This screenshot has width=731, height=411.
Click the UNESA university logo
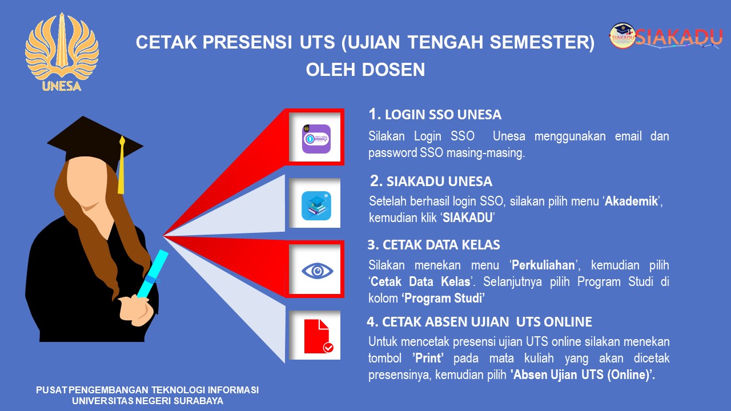pos(62,52)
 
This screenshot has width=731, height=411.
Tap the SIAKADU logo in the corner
pos(666,37)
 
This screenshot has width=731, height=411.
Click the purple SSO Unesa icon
pos(316,139)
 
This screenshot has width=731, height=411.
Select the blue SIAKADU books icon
pos(316,205)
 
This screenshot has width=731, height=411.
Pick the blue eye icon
pos(317,271)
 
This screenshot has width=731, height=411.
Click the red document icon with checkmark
pos(319,336)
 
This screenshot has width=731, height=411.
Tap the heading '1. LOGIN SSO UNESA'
pos(435,115)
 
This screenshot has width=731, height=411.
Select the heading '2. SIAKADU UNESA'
pos(431,182)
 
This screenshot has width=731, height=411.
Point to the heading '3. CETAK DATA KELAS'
pos(433,245)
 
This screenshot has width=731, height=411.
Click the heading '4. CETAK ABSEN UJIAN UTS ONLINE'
pos(479,322)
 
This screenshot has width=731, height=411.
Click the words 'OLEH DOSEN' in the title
pos(365,70)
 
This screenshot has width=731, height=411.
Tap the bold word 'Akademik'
pos(631,202)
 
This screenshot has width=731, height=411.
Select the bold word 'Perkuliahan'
pos(543,265)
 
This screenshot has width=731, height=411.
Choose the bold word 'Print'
pos(428,358)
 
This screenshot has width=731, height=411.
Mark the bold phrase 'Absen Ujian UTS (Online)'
pos(583,375)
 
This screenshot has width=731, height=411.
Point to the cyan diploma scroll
pos(152,274)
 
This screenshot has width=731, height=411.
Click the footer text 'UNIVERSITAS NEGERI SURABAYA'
pos(147,401)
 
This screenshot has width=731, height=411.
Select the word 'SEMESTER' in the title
pos(543,42)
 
